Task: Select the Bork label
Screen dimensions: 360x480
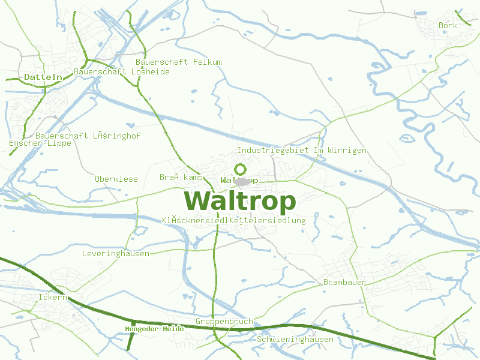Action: [448, 26]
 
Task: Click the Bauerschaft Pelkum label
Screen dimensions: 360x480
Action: [178, 62]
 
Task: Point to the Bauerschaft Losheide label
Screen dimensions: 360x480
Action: [121, 72]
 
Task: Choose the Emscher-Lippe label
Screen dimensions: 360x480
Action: [40, 143]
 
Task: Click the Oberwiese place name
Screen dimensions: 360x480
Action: [116, 179]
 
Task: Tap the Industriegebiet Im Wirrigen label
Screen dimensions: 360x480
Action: [301, 150]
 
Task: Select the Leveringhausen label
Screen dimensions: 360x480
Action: [115, 254]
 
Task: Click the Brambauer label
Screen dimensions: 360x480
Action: [344, 282]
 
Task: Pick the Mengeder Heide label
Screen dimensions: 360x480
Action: [154, 329]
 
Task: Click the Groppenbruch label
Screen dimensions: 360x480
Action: [224, 321]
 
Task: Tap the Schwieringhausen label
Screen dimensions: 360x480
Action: [295, 339]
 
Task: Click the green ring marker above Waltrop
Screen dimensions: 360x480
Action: [241, 169]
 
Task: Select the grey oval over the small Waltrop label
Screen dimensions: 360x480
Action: [242, 181]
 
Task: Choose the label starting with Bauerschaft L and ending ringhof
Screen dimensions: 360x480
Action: [88, 136]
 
